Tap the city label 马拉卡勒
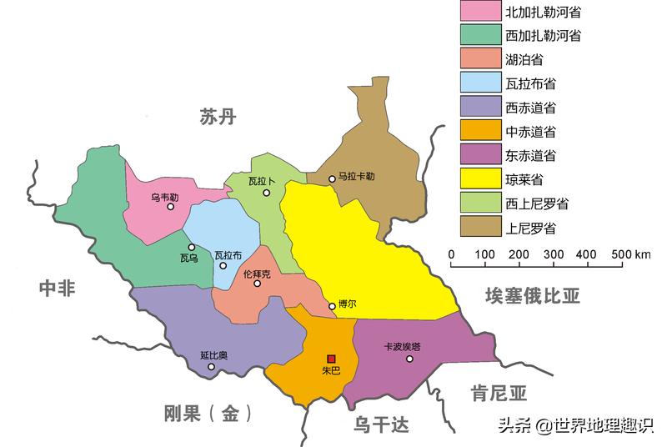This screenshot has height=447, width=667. (357, 178)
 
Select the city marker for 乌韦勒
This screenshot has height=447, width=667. (170, 207)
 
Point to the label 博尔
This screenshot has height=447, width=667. (347, 304)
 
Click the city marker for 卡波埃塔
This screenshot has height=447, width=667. (409, 359)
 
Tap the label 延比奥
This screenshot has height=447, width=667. (214, 356)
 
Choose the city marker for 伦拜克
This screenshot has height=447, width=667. (258, 284)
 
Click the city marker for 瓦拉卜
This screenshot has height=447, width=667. (267, 193)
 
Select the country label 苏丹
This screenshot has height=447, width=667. (218, 117)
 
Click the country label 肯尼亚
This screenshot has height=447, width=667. (499, 393)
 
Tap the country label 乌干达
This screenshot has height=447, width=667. (381, 425)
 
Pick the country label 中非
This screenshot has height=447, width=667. (57, 289)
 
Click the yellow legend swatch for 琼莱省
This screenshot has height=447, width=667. (479, 178)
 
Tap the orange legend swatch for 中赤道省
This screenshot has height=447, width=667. (479, 131)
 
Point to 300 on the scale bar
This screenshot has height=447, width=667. (553, 254)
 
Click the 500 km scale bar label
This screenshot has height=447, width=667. (631, 254)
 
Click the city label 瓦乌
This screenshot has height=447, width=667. (188, 259)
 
